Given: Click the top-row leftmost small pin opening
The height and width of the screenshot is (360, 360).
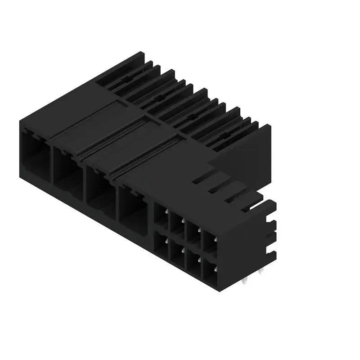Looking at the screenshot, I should coord(161,215).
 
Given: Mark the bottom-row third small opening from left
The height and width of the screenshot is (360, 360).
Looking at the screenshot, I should coord(194,261).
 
